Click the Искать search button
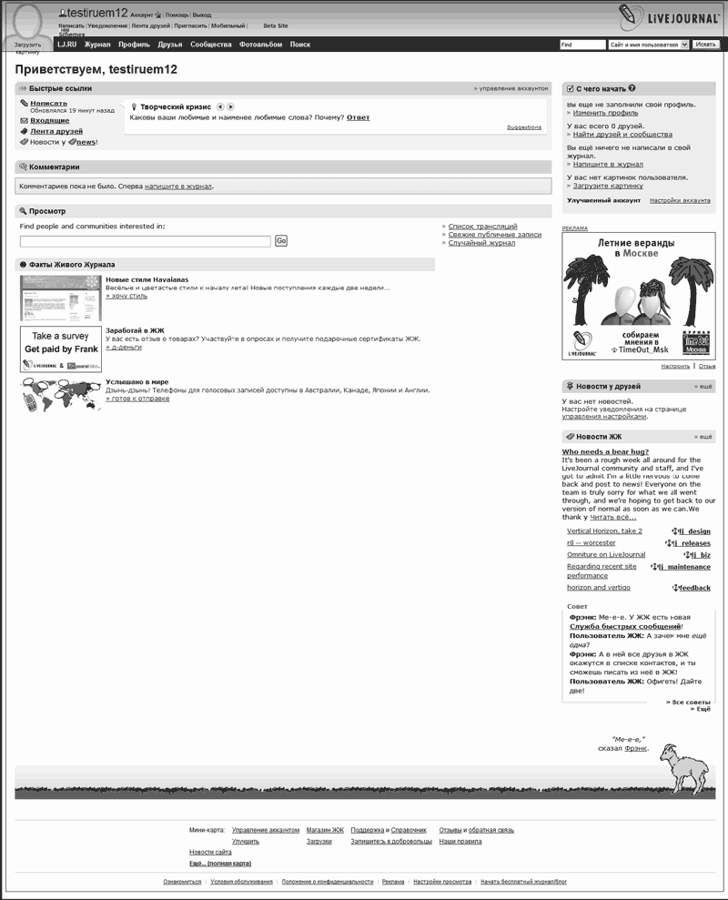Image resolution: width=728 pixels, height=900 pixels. coord(706,44)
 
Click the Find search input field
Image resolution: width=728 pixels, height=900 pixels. coord(581,44)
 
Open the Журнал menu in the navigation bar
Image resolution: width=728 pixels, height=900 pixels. coord(97,44)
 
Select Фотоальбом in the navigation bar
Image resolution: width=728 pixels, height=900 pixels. coord(260,44)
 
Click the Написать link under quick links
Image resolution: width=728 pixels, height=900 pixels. coord(48,103)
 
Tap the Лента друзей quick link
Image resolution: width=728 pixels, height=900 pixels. coord(56,131)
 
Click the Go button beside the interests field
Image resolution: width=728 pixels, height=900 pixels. coord(281,240)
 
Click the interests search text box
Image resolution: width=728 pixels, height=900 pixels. coord(146,241)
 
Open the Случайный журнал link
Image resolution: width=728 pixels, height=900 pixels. coord(481,243)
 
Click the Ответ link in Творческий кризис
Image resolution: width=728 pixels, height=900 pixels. coord(358,117)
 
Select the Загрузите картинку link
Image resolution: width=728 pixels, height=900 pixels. coord(608,185)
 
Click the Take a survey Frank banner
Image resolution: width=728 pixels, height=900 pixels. coord(61,349)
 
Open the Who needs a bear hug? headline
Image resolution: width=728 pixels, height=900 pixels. coord(605,451)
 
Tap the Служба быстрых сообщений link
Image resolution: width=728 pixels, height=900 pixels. coord(625,626)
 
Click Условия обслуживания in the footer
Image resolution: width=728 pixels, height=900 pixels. coord(241,882)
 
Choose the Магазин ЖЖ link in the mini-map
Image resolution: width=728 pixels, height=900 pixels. coord(325,830)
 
